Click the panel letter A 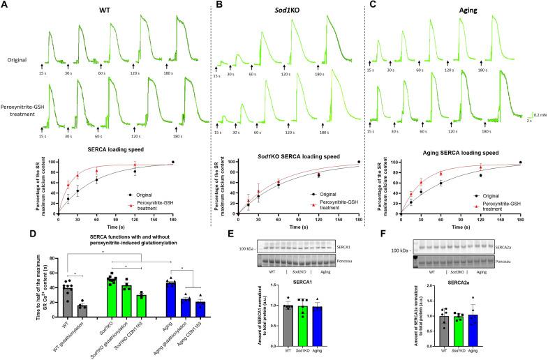tap(5, 6)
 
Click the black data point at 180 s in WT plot tap(173, 162)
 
